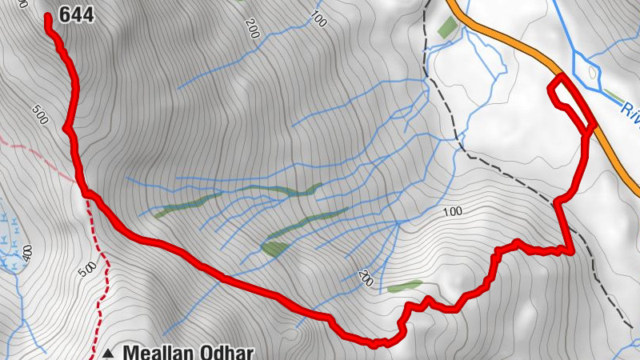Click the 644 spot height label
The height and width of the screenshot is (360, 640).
78,14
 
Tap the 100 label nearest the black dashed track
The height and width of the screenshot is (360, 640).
453,211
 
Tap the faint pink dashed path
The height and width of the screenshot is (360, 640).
32,144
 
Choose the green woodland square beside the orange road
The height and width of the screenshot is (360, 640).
447,27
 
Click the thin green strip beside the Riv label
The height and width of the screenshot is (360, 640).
614,95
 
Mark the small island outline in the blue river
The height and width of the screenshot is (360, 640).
593,73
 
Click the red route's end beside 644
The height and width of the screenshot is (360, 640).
49,17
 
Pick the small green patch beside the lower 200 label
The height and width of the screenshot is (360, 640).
404,286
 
